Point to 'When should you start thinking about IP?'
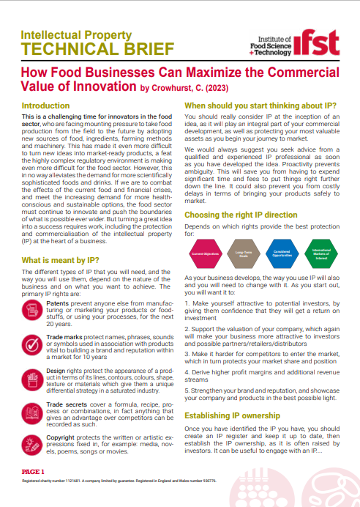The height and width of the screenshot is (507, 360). point(260,106)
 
